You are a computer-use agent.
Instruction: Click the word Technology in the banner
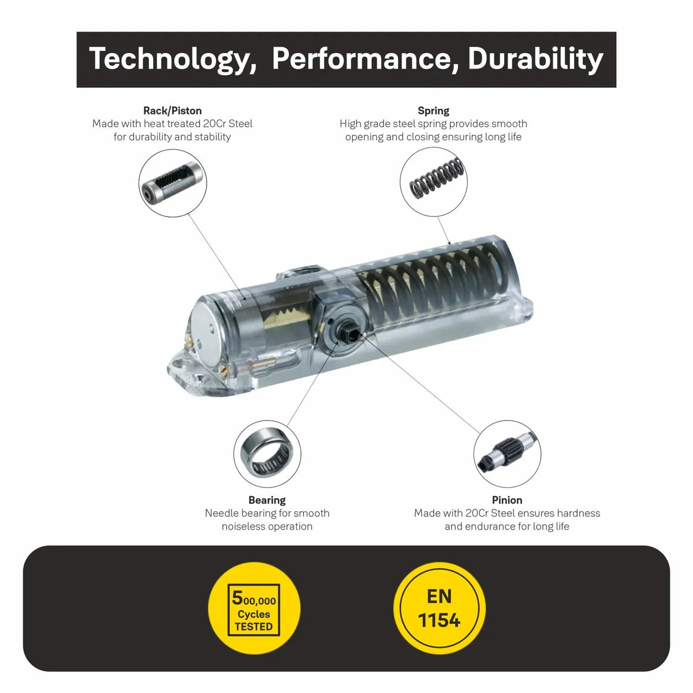tap(173, 59)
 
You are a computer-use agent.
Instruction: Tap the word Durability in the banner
tap(535, 59)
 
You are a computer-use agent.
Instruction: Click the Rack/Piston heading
tap(172, 111)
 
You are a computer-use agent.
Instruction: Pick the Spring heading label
tap(433, 111)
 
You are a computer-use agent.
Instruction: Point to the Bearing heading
tap(267, 500)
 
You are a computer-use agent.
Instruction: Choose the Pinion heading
tap(507, 500)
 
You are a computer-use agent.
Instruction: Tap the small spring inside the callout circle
tap(437, 178)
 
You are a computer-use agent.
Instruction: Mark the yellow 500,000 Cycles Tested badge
tap(254, 608)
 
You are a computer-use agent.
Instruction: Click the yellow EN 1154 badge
tap(439, 608)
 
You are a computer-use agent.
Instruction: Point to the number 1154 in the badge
tap(439, 620)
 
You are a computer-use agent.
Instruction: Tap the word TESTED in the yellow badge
tap(254, 627)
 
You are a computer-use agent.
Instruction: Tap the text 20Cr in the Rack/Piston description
tap(215, 124)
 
